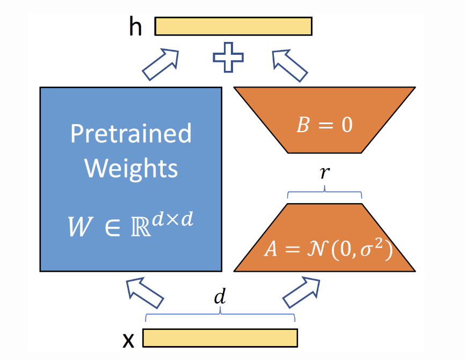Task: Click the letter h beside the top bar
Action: [x=135, y=26]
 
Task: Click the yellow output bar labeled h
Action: [x=234, y=26]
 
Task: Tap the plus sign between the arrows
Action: [x=228, y=59]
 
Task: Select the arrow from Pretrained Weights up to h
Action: [x=161, y=64]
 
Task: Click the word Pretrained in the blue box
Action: [x=131, y=133]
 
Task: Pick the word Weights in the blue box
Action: [x=131, y=168]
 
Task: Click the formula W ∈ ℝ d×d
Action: [x=130, y=226]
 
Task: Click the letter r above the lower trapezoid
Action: [x=325, y=174]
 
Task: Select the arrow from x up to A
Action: [x=302, y=293]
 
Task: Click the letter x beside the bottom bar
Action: [x=128, y=340]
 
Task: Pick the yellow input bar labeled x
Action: [x=220, y=337]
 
